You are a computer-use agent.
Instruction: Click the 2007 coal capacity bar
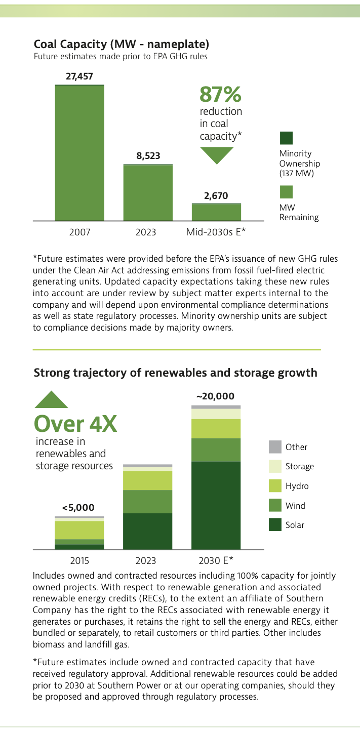click(x=79, y=152)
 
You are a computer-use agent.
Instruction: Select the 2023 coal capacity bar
click(x=148, y=192)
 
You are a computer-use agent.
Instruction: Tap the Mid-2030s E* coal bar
click(x=216, y=212)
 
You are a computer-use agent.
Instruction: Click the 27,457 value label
click(x=79, y=76)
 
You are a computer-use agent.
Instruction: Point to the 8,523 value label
click(x=148, y=156)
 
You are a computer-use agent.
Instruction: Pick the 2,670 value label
click(x=216, y=195)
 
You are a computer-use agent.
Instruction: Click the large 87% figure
click(x=220, y=94)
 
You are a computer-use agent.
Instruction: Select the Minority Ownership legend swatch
click(x=286, y=138)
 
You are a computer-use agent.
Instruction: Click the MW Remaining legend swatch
click(x=286, y=192)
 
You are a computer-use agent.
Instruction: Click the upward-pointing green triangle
click(x=51, y=400)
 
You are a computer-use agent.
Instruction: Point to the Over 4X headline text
click(x=75, y=424)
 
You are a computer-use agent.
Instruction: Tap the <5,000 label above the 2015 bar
click(x=78, y=507)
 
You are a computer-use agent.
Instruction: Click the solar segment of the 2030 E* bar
click(x=216, y=505)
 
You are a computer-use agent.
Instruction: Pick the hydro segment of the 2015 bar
click(x=79, y=530)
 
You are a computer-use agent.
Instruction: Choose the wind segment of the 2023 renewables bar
click(x=148, y=502)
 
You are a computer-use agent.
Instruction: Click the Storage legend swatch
click(x=275, y=466)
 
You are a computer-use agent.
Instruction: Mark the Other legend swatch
click(x=275, y=447)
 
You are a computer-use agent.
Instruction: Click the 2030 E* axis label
click(x=216, y=560)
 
